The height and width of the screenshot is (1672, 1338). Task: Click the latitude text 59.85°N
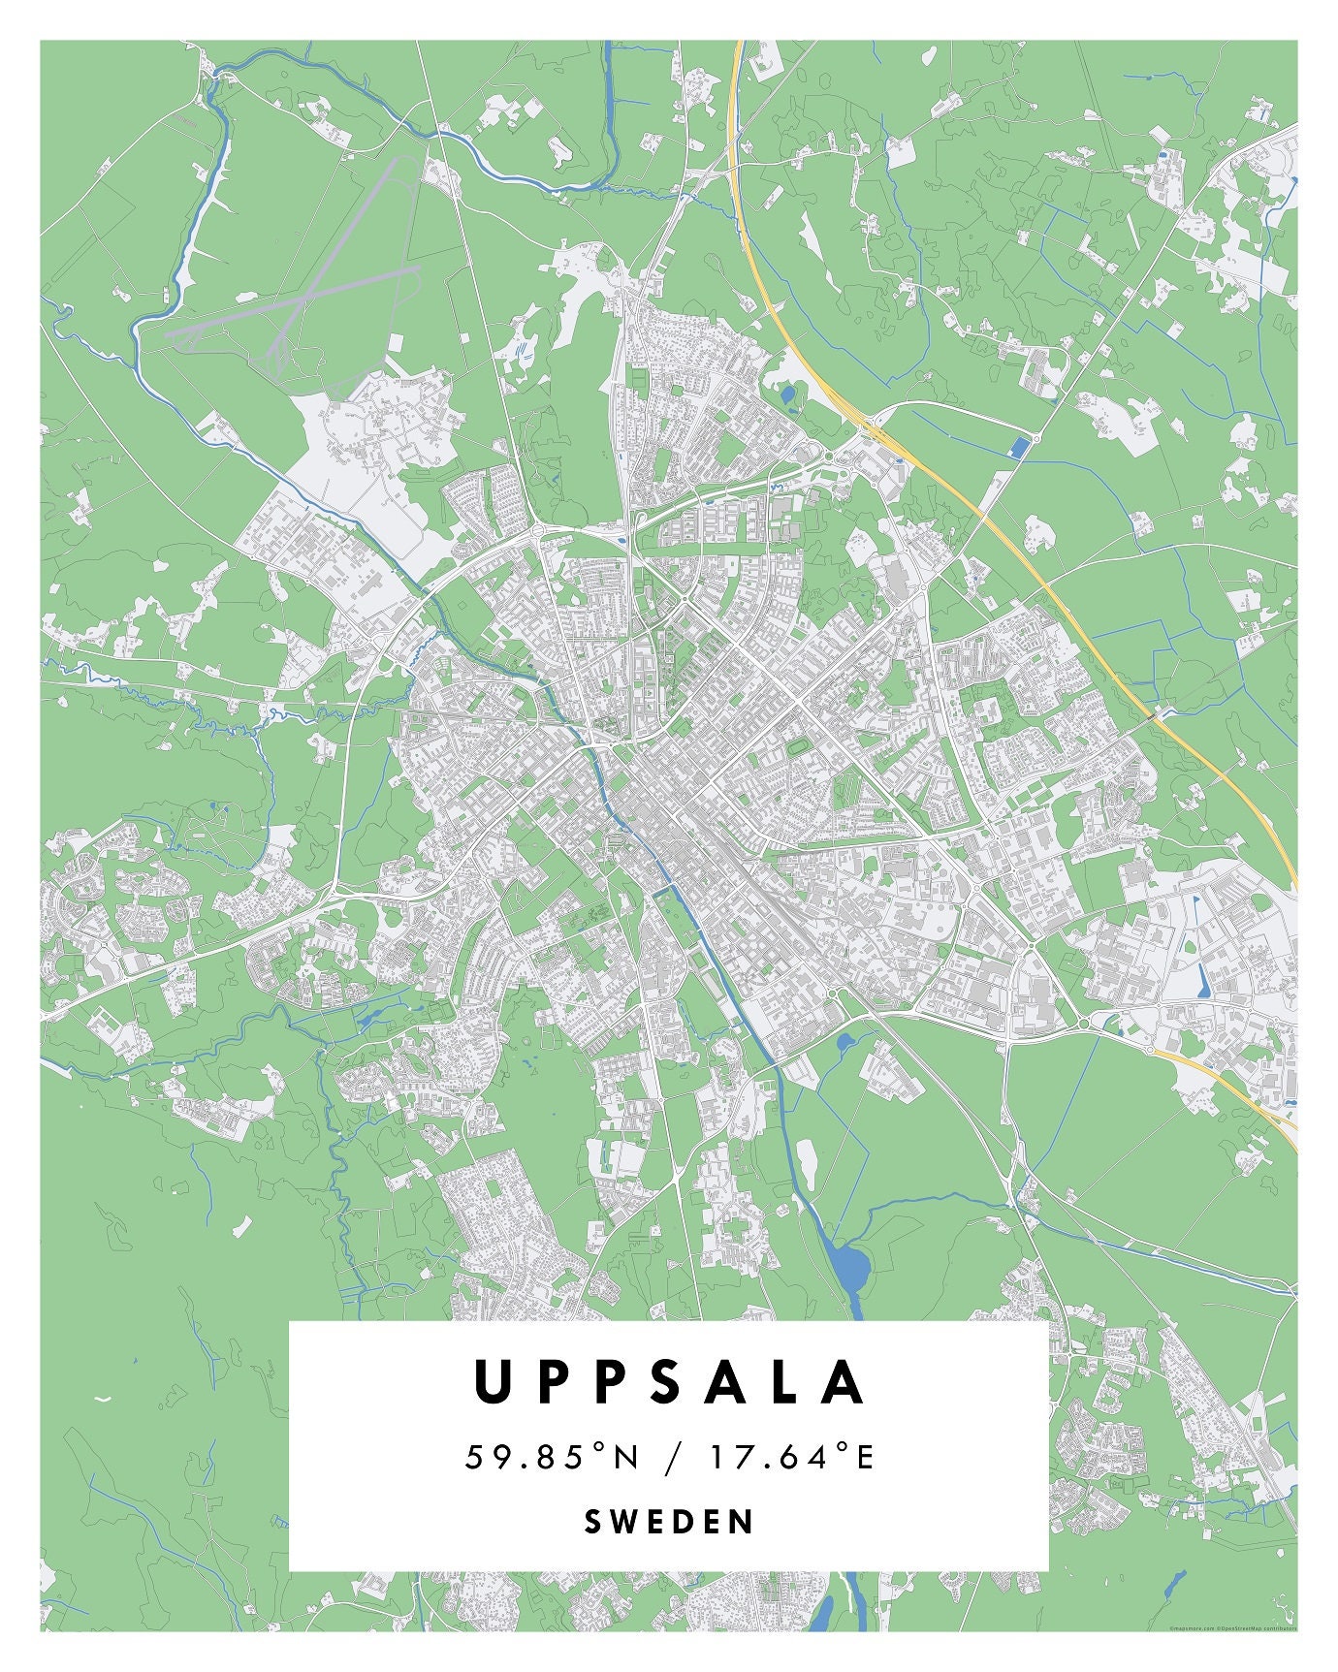(x=553, y=1457)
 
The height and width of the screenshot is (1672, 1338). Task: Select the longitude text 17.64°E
(x=791, y=1457)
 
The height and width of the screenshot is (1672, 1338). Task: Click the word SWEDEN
(x=669, y=1522)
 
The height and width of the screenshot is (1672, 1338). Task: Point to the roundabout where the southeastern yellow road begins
(x=1151, y=1050)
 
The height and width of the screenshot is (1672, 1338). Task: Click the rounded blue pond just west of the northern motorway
(x=787, y=394)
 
